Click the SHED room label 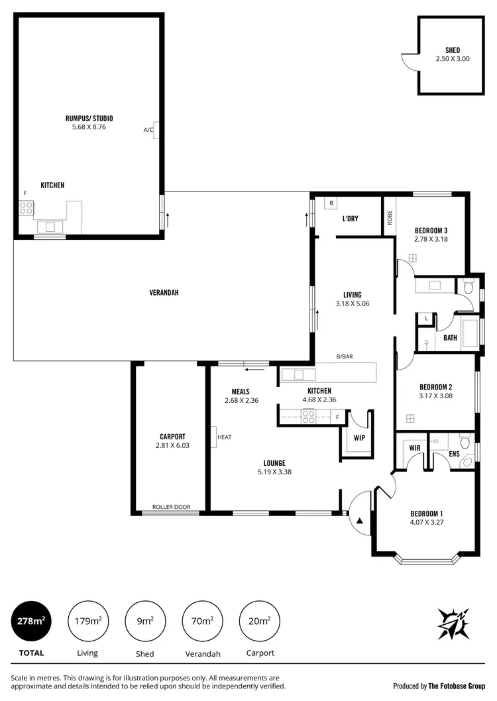click(453, 50)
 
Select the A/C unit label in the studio click(148, 130)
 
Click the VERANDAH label click(164, 292)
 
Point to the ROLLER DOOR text click(171, 507)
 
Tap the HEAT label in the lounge click(224, 437)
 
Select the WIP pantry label click(360, 438)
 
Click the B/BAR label click(345, 356)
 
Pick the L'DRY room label click(350, 219)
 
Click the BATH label click(451, 338)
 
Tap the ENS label click(454, 455)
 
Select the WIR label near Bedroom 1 click(415, 449)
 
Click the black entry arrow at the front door click(360, 521)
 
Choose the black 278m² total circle click(31, 621)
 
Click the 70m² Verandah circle click(202, 621)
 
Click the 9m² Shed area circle click(145, 621)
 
